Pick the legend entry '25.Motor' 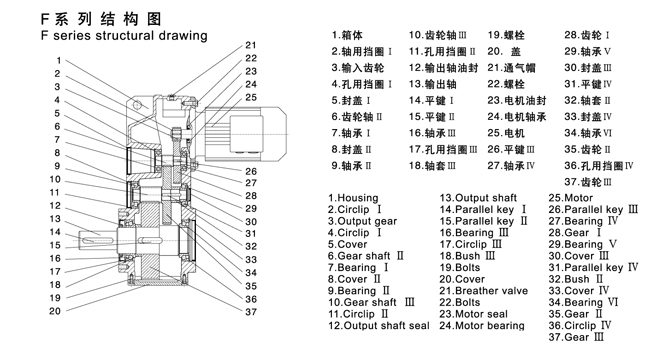[571, 198]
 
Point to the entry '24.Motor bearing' [483, 325]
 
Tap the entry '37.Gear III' [576, 337]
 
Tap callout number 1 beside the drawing [59, 61]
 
